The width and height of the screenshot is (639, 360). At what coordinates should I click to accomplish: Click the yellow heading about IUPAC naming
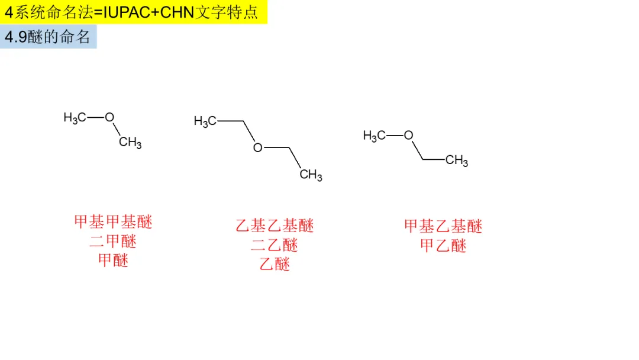coord(133,12)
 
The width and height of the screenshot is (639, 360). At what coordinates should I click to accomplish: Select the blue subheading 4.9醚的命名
coord(48,37)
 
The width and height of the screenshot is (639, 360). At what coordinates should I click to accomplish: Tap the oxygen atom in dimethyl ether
coord(109,117)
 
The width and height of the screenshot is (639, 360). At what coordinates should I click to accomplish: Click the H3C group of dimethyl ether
coord(75,118)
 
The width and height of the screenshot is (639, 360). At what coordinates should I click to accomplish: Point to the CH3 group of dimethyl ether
coord(130,143)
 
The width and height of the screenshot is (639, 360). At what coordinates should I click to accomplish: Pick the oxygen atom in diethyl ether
coord(257,147)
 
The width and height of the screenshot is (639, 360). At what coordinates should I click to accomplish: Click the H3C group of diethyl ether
coord(205,122)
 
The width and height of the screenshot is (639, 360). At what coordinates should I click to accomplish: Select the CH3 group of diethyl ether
coord(311,175)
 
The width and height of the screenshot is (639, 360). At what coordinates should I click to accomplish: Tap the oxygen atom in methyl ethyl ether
coord(408,136)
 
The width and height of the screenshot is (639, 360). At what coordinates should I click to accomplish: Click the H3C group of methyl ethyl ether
coord(374,136)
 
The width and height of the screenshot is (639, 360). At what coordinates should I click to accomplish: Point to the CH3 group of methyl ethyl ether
coord(457,160)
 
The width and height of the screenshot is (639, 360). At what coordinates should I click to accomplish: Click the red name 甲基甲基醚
coord(113,222)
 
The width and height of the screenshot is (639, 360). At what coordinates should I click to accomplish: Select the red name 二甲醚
coord(113,241)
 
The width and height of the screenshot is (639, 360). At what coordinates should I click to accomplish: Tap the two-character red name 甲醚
coord(113,260)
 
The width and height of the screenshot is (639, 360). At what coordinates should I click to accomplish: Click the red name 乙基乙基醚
coord(275,226)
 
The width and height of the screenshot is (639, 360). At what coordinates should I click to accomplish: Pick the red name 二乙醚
coord(275,245)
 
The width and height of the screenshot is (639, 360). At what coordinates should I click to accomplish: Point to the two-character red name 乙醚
coord(275,264)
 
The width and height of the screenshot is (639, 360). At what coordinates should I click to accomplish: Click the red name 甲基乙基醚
coord(443,226)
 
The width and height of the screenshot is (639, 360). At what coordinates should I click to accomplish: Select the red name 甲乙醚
coord(443,245)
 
